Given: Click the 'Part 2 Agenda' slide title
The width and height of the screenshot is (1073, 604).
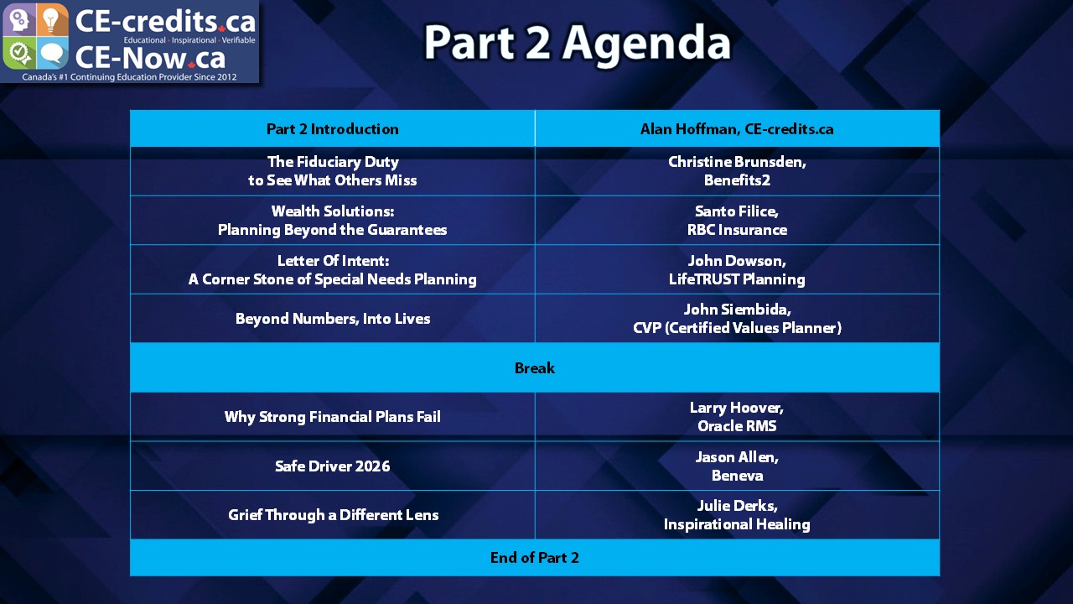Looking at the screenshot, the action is click(x=578, y=43).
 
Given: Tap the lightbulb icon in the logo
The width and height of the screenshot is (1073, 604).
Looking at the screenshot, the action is click(x=52, y=19).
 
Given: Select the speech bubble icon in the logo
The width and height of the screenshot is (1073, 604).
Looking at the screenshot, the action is click(x=52, y=53).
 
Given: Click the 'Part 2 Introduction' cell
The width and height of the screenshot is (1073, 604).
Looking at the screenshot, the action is click(x=333, y=129).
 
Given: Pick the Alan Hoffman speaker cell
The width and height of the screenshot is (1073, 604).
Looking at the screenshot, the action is click(x=737, y=129).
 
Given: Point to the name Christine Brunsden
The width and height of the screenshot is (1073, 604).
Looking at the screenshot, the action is click(x=737, y=162).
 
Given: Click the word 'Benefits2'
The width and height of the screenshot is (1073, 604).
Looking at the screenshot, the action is click(x=737, y=180).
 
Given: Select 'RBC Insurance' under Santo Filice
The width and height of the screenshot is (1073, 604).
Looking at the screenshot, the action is click(x=737, y=230).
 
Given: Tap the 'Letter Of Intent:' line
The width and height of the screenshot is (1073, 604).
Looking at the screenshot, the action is click(x=333, y=261).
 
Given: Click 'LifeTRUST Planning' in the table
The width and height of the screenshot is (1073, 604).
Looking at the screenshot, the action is click(x=737, y=279).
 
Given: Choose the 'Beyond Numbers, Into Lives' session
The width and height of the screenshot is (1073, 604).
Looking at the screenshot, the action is click(x=333, y=319).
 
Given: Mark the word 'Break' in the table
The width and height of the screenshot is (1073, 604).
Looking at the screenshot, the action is click(x=535, y=368).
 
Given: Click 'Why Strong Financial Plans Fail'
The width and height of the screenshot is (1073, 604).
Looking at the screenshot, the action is click(x=333, y=417).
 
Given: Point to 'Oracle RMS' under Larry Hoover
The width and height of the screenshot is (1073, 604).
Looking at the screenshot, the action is click(x=737, y=426).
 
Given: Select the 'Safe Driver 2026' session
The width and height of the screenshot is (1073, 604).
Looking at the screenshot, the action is click(x=333, y=466).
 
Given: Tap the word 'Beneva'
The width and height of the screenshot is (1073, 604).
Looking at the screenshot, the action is click(x=737, y=476).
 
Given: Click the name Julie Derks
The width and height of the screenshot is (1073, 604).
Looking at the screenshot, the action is click(x=737, y=506).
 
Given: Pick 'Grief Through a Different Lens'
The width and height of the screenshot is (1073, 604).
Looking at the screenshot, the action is click(x=333, y=515).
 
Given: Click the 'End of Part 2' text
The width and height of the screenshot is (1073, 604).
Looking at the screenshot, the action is click(x=535, y=558).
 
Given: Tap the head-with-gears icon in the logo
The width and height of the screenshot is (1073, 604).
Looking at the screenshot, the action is click(x=18, y=19).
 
